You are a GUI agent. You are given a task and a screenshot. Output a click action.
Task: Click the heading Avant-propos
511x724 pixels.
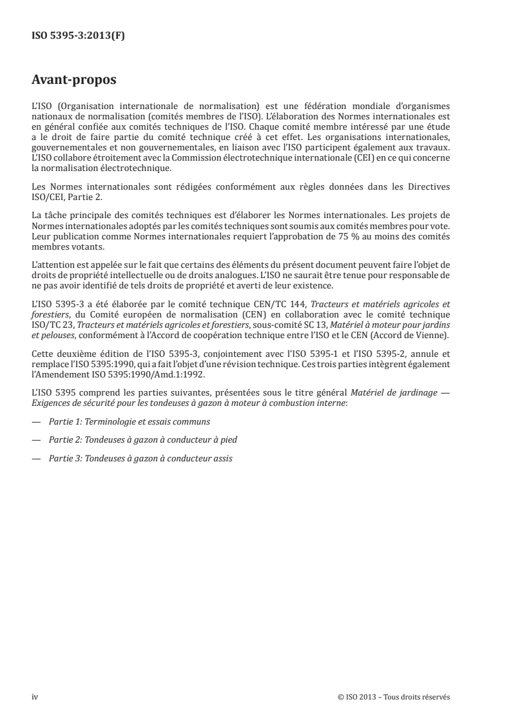(x=74, y=81)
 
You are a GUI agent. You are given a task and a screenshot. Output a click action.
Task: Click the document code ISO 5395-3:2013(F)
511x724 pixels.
(x=79, y=36)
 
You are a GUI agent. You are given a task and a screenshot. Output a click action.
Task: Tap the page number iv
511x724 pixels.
(x=35, y=696)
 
